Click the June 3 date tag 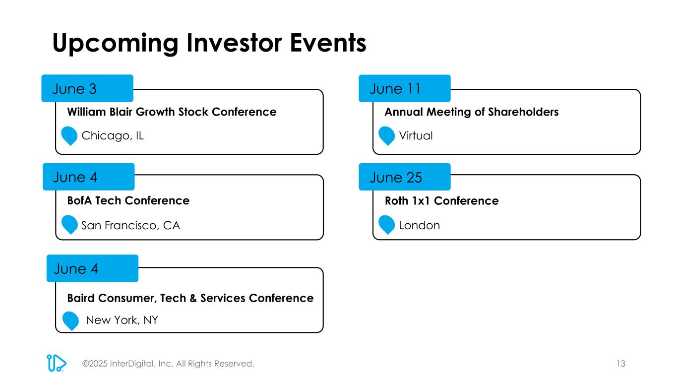87,88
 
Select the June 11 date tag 405,88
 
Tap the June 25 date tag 405,177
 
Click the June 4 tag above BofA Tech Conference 89,177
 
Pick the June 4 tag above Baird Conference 92,268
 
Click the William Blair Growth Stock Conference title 172,112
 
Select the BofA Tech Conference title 128,200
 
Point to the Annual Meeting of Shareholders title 472,112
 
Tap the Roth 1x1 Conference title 441,201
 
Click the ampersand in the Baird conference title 193,298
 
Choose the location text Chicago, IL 113,136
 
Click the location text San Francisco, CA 130,225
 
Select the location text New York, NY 122,320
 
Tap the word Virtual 416,135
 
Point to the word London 419,225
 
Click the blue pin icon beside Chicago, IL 69,136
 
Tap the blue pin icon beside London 386,225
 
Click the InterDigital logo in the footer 56,363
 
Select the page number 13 621,364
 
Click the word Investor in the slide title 234,43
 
